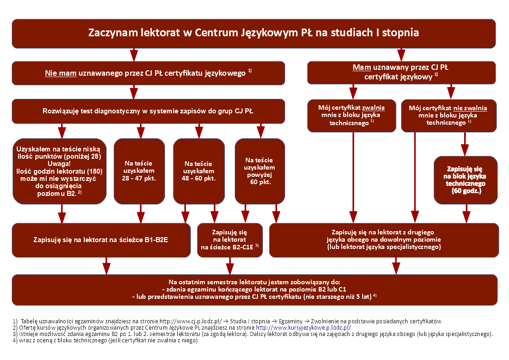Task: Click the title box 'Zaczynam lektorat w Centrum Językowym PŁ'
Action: point(253,33)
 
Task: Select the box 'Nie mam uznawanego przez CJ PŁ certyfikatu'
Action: point(148,73)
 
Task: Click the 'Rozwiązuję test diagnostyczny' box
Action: point(148,111)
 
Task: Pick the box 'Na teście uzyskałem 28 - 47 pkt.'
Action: point(139,171)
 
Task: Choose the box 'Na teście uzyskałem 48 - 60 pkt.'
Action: point(199,171)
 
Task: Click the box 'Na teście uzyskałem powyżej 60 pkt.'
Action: point(260,171)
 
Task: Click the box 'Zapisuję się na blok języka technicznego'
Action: point(465,180)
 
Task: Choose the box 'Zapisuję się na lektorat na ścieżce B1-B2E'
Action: point(101,240)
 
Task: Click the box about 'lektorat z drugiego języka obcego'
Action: point(383,240)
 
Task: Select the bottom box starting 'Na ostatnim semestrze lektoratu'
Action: point(253,289)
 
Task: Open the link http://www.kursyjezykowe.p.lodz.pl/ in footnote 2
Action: point(303,327)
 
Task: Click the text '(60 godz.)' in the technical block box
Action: point(466,191)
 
